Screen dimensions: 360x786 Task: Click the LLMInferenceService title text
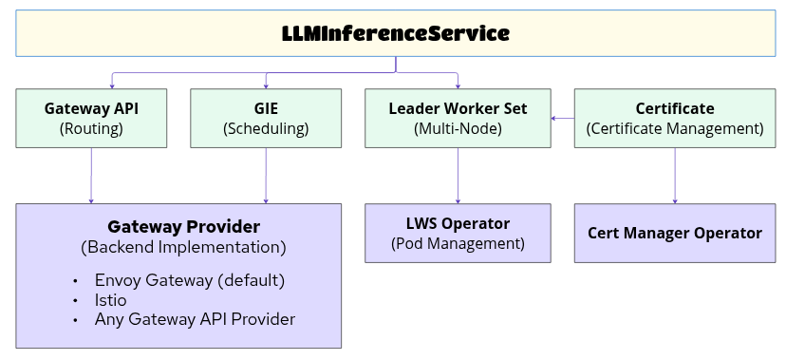(396, 33)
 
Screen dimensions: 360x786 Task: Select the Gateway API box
(91, 118)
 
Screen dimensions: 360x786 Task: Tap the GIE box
(266, 118)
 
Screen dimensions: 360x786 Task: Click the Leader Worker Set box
(458, 118)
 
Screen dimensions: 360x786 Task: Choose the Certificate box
(675, 118)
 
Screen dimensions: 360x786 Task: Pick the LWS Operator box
(458, 233)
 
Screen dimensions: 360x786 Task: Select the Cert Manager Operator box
(675, 233)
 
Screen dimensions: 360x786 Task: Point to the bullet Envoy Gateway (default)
(190, 280)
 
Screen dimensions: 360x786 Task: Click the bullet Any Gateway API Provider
(195, 319)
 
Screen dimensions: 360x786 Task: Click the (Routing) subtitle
(91, 128)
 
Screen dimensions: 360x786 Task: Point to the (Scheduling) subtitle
(266, 128)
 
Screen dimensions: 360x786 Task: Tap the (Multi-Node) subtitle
(458, 128)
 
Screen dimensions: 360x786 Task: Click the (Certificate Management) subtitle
(675, 128)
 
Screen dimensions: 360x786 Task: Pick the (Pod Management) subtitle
(458, 243)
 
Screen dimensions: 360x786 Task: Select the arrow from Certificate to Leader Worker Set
(564, 118)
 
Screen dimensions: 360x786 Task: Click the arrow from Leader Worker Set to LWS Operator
(458, 176)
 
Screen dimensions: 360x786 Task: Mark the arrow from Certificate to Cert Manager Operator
(675, 176)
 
